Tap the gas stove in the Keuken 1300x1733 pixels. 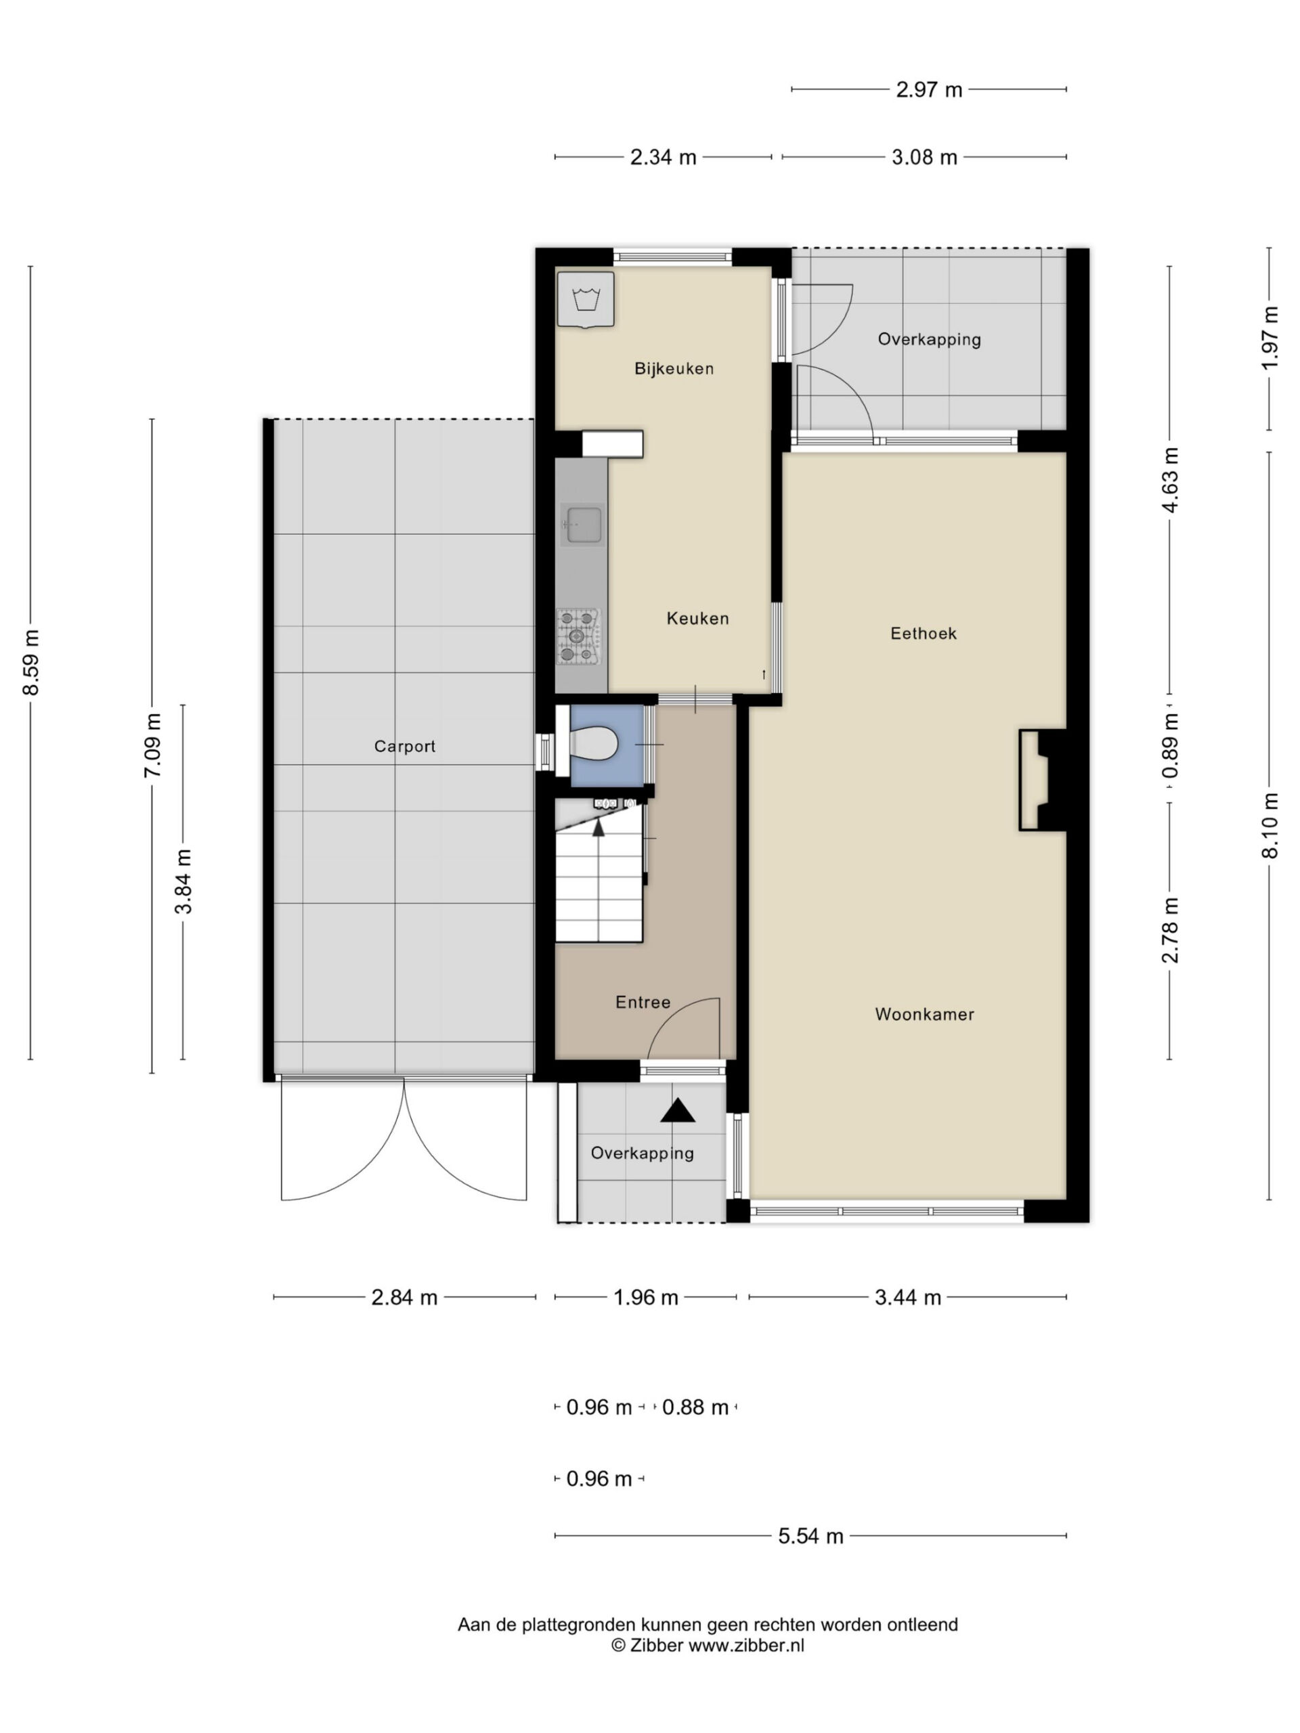coord(579,636)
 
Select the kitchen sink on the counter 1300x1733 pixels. coord(583,524)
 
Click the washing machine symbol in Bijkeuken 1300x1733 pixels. coord(586,299)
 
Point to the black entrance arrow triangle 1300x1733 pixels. coord(678,1111)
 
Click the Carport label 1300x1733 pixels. coord(404,747)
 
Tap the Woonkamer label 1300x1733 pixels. coord(925,1015)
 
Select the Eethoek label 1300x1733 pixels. coord(923,634)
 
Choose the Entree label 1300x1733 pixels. coord(643,1002)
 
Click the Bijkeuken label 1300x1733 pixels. coord(674,368)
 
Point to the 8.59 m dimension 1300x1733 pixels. coord(30,662)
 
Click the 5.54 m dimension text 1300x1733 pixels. coord(811,1537)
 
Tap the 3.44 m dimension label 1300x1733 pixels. coord(907,1298)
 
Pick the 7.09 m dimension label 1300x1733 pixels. coord(152,746)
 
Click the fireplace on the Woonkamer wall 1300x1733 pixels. coord(1043,781)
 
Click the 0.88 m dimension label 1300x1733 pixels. coord(695,1408)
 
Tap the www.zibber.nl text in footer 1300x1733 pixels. coord(746,1646)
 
